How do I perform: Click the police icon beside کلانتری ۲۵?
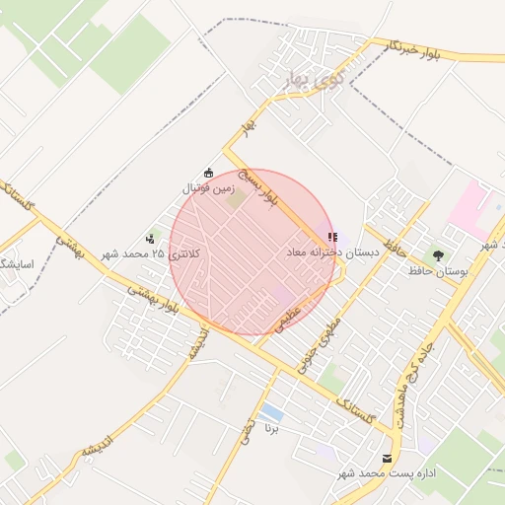click(x=150, y=238)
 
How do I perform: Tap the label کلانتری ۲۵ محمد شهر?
click(x=149, y=253)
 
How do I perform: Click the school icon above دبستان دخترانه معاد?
click(x=333, y=238)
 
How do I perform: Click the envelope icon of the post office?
click(x=387, y=459)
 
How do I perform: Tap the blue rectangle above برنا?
click(x=272, y=412)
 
